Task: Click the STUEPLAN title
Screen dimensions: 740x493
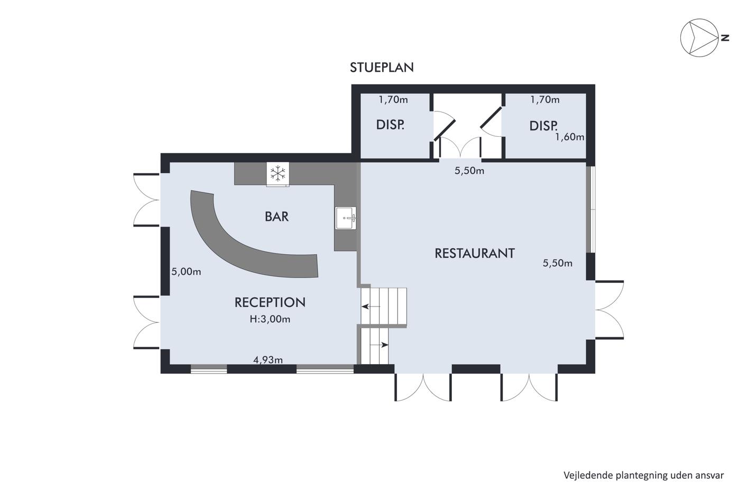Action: [x=382, y=67]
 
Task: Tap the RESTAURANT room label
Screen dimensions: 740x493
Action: [x=475, y=253]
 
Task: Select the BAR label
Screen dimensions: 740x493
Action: [x=276, y=217]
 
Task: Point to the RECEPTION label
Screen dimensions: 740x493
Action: [x=270, y=302]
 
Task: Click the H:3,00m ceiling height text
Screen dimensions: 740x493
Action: [x=270, y=319]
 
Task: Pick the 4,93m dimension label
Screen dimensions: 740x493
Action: [x=268, y=360]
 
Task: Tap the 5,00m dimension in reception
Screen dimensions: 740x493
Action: [x=186, y=272]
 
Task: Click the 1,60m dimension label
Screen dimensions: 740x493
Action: [x=570, y=137]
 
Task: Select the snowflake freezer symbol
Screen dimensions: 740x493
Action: [x=278, y=174]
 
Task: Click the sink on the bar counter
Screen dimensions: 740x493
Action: [x=346, y=218]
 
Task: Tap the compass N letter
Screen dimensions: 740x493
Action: [x=725, y=38]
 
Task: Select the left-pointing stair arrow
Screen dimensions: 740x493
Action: [x=371, y=307]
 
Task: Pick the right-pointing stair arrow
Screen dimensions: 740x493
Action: [x=379, y=345]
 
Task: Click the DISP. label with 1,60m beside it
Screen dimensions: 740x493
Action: [x=543, y=126]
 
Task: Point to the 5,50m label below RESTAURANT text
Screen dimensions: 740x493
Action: [x=558, y=263]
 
